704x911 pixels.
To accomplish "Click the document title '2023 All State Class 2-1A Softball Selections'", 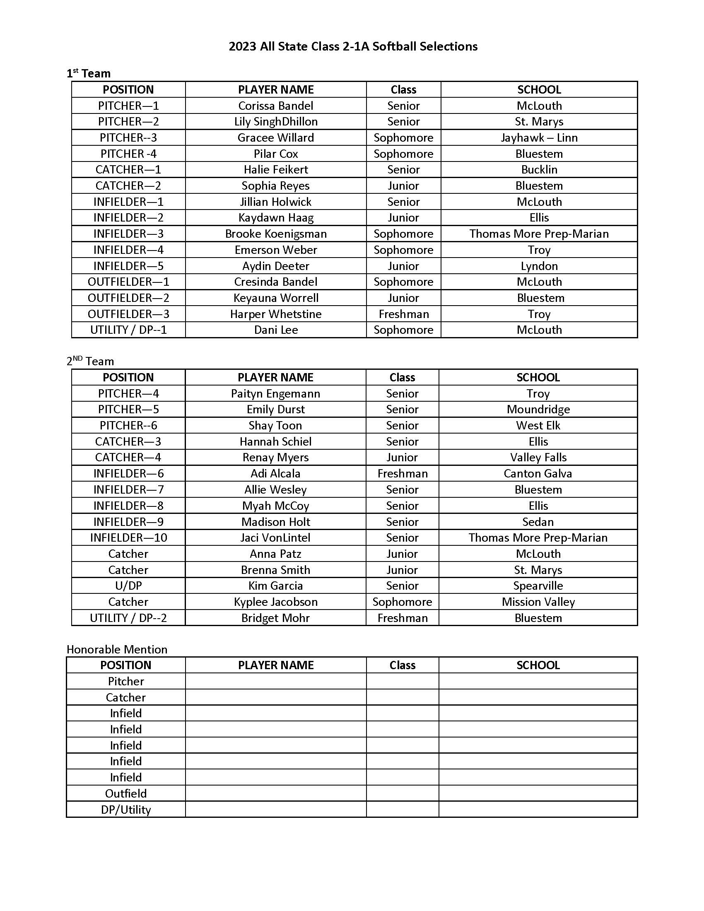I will click(x=353, y=46).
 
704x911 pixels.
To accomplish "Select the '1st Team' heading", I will click(x=89, y=73).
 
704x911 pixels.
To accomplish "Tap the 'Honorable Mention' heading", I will click(x=117, y=649).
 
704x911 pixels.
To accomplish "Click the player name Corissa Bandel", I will click(x=276, y=106).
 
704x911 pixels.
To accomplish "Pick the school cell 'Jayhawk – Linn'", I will click(x=539, y=137).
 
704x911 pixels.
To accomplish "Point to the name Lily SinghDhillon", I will click(x=276, y=121).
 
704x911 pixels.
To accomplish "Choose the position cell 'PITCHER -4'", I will click(x=128, y=154).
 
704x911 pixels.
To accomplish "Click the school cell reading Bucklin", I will click(x=539, y=169).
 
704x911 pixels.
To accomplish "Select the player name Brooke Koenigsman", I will click(x=276, y=234).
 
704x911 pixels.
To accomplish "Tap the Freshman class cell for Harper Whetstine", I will click(x=403, y=314).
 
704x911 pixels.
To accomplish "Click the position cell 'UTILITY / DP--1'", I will click(x=128, y=330).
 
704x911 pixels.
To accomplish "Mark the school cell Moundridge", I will click(x=538, y=409).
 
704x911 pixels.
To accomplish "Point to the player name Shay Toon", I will click(x=275, y=425).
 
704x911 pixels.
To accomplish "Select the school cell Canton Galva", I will click(x=538, y=473).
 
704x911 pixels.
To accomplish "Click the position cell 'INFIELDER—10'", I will click(x=128, y=537).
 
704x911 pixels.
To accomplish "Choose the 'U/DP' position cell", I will click(x=128, y=586).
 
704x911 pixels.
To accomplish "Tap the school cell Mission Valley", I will click(x=538, y=602).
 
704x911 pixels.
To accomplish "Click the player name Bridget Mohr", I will click(x=275, y=618).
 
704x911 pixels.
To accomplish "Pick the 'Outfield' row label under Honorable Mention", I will click(x=125, y=793).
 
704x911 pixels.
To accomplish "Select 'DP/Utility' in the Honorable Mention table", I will click(x=125, y=810).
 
